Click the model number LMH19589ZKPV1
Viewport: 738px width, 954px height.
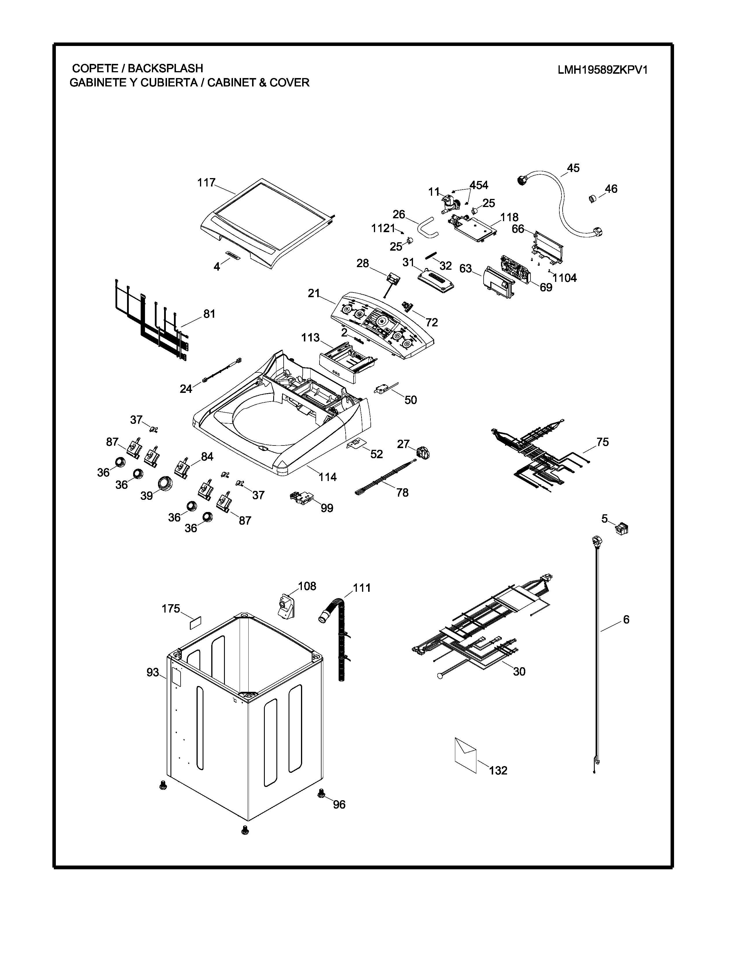[x=602, y=70]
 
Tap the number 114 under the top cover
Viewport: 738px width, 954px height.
[x=327, y=477]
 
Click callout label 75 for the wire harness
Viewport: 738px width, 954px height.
[x=603, y=442]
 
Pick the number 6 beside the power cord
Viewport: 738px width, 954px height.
[x=626, y=620]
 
